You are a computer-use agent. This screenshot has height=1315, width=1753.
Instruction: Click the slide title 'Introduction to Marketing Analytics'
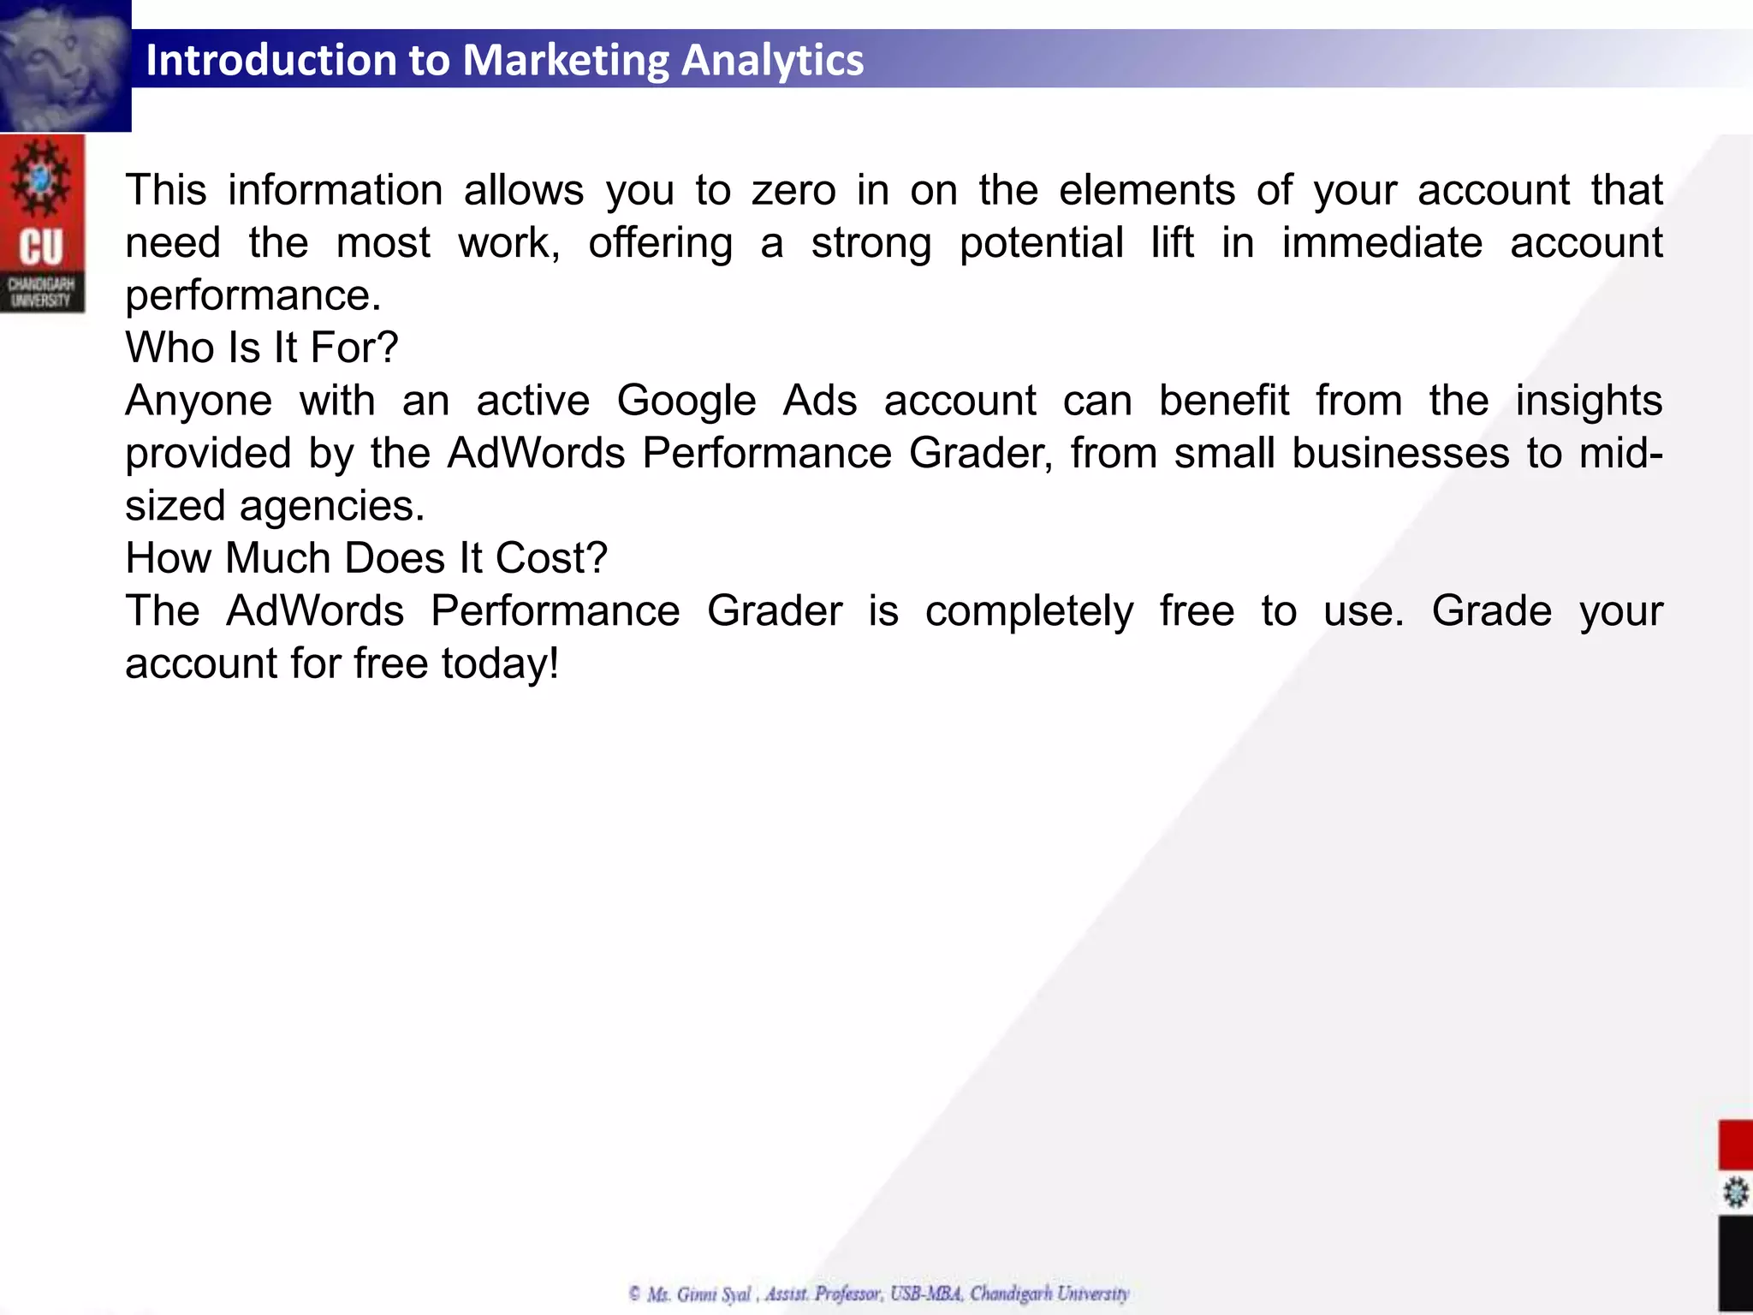click(504, 60)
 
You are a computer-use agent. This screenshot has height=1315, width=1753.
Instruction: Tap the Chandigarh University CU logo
click(42, 224)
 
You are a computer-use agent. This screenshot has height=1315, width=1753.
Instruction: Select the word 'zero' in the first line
click(793, 190)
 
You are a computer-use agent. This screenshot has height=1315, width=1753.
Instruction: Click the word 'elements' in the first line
click(1147, 190)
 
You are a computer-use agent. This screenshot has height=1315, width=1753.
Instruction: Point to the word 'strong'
click(871, 243)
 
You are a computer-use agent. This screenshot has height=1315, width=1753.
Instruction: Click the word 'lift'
click(1172, 243)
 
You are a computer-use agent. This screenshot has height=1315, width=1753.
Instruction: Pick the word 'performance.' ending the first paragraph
click(253, 296)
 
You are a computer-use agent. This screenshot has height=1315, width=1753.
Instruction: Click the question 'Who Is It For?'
click(261, 348)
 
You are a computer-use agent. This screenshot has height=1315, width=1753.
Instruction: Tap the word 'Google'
click(686, 401)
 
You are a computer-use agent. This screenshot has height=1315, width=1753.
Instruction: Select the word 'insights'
click(1589, 401)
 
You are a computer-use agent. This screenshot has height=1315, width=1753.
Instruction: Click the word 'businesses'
click(1400, 454)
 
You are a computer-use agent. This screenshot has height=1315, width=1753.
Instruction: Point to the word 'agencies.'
click(332, 506)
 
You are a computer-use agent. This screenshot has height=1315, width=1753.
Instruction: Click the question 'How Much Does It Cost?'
click(366, 559)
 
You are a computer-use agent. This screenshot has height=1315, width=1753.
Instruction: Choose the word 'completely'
click(1029, 611)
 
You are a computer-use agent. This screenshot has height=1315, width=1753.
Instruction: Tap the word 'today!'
click(500, 664)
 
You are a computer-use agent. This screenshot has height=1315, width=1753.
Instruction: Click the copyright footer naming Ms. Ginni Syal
click(879, 1294)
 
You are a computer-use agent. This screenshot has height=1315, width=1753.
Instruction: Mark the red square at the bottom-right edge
click(1735, 1145)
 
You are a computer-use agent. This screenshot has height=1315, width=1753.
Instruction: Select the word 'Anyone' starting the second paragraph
click(199, 401)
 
